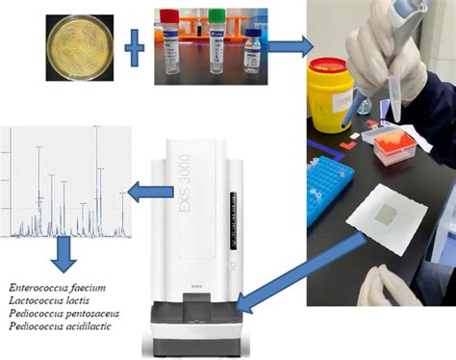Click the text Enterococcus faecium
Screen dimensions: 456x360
click(57, 287)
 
